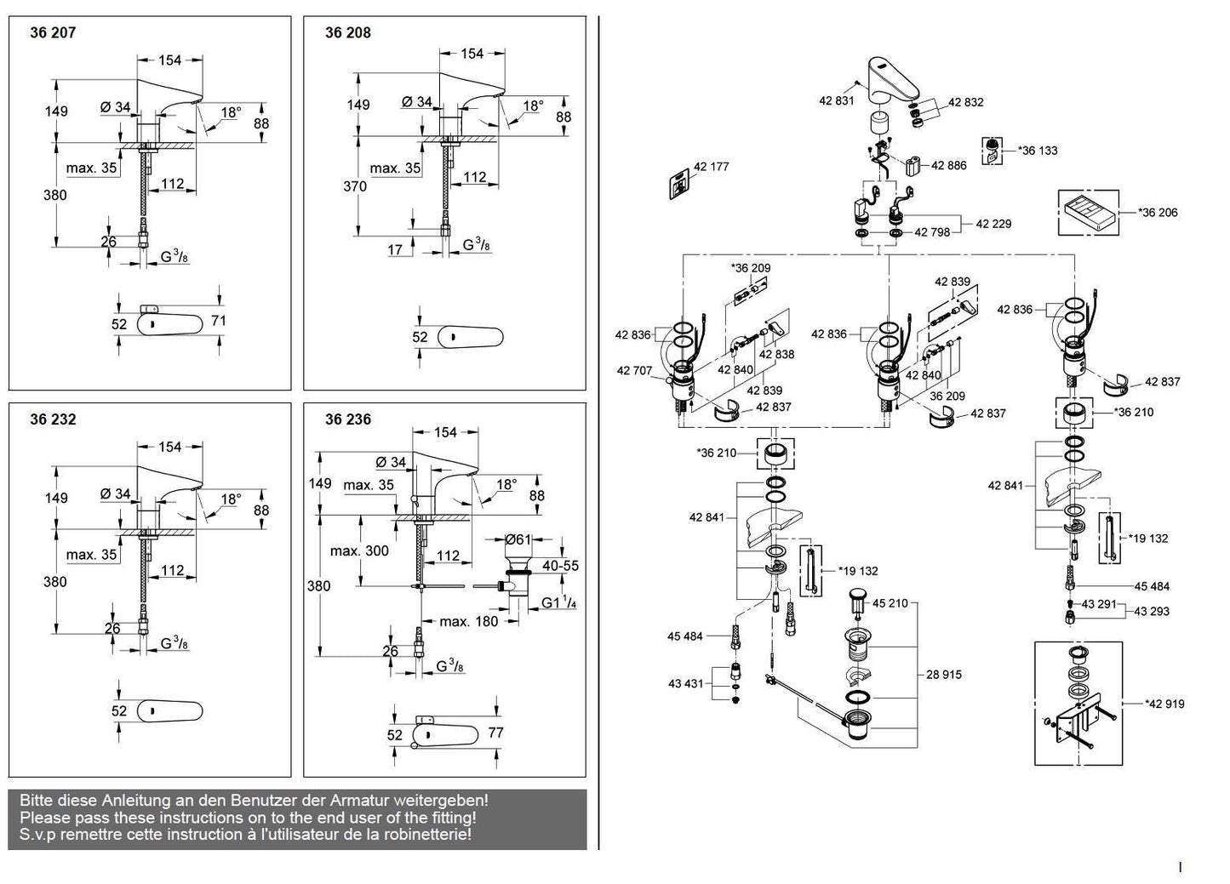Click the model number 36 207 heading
(53, 33)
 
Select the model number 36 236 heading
(348, 419)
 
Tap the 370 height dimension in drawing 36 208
(355, 186)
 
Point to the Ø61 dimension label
(518, 540)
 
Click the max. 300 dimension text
(359, 551)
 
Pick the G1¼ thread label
(558, 603)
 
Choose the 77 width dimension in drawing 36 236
(495, 733)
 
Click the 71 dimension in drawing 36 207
(219, 321)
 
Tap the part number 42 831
(837, 101)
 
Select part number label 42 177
(711, 167)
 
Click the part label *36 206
(1158, 213)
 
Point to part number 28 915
(944, 675)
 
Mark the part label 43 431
(685, 684)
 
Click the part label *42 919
(1164, 704)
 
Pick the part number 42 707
(634, 371)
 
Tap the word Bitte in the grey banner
(37, 801)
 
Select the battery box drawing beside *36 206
(1089, 213)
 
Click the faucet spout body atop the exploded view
(893, 80)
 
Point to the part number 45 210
(890, 603)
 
